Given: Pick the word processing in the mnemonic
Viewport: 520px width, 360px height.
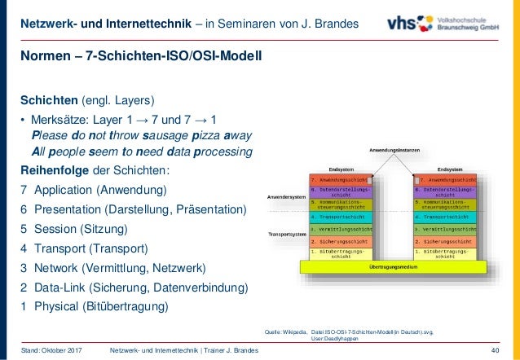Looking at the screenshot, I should pos(221,151).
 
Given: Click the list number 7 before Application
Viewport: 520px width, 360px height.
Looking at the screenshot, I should pos(24,191).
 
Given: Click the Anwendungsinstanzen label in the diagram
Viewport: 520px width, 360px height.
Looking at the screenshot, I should pos(394,151).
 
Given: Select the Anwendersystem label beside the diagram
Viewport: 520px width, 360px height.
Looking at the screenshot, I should pos(287,196).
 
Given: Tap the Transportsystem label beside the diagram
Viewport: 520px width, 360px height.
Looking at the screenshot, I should pos(288,235).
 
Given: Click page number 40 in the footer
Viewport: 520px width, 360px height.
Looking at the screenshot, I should pos(498,350).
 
